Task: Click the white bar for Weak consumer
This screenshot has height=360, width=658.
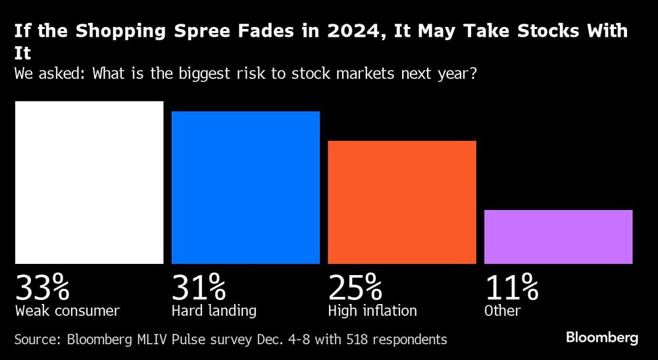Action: click(89, 182)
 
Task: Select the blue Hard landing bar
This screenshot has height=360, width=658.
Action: click(245, 188)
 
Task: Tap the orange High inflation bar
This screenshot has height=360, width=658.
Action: click(401, 202)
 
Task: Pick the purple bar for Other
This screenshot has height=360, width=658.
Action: click(558, 237)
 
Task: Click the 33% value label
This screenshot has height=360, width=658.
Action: click(42, 288)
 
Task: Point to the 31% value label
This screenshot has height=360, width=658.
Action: click(198, 288)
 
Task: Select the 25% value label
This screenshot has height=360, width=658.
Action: click(355, 288)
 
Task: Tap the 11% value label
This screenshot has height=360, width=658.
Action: click(511, 288)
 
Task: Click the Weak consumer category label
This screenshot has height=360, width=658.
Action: click(67, 310)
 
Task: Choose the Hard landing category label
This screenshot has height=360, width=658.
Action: click(214, 310)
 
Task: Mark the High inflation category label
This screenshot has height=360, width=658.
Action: click(372, 310)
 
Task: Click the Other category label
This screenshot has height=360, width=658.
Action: click(503, 310)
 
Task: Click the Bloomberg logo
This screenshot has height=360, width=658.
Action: click(602, 338)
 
